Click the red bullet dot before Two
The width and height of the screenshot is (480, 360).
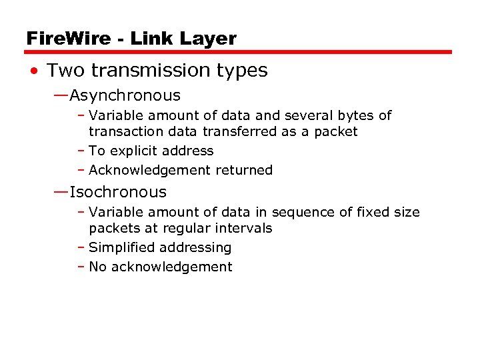pos(33,71)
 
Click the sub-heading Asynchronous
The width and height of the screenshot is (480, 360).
pos(125,96)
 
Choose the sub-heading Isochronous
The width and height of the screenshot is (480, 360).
pos(118,193)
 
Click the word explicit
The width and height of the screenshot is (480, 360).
pos(134,151)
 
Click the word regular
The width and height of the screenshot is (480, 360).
pos(185,229)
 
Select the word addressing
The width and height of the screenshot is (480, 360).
pos(200,248)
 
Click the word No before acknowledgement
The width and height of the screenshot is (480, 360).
pos(98,267)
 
